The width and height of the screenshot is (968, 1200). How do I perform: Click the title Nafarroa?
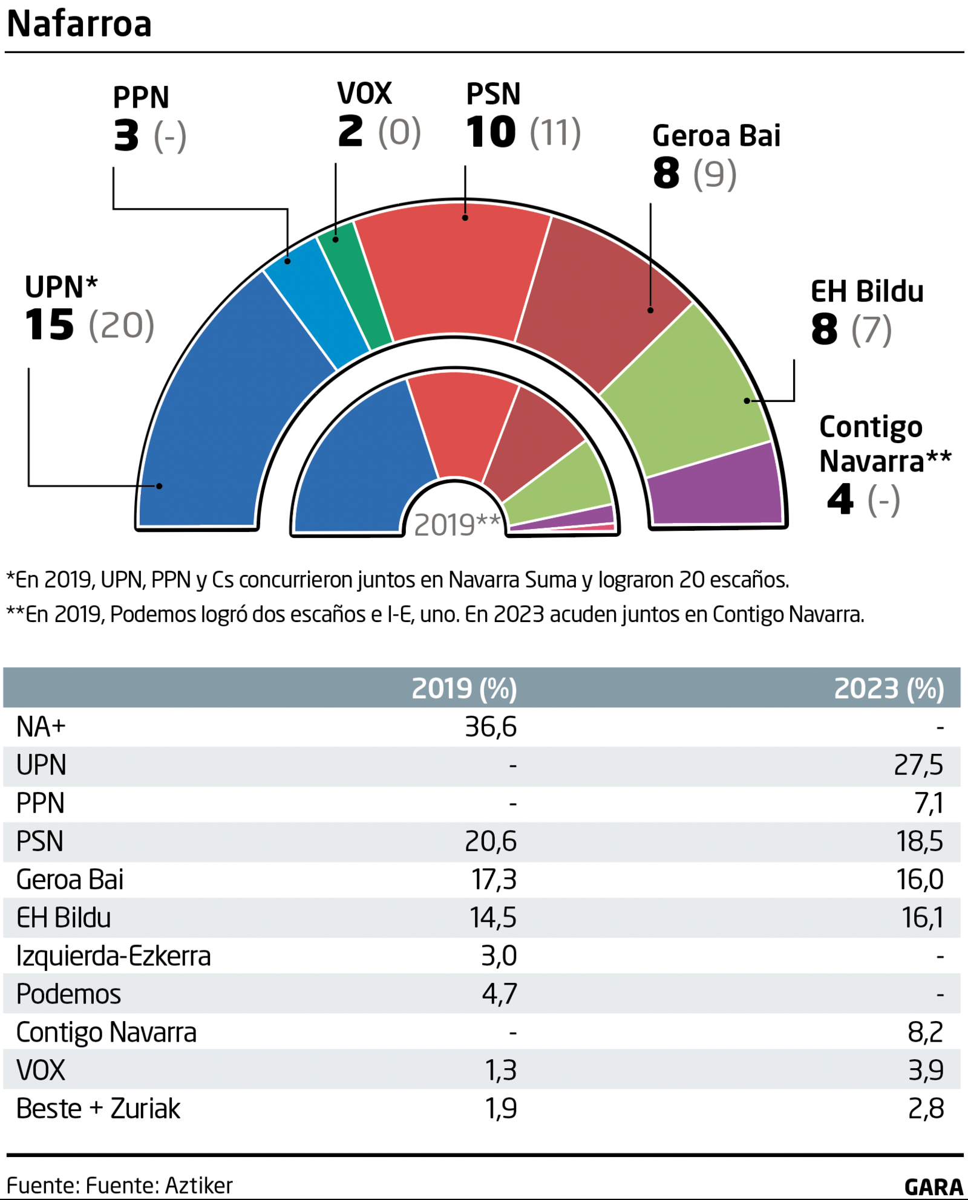coord(79,24)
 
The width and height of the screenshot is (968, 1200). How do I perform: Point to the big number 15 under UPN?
coord(50,325)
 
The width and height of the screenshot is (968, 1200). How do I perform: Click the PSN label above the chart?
coord(493,94)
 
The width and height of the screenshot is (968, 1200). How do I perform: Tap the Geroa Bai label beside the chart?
coord(716,136)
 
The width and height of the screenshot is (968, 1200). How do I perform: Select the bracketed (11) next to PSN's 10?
coord(555,132)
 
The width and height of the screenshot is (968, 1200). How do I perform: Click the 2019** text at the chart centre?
coord(457,525)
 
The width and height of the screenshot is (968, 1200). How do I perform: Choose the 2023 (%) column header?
coord(889,689)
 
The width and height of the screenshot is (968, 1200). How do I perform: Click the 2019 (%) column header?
coord(464,689)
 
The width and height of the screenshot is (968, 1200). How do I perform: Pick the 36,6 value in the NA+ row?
coord(491,727)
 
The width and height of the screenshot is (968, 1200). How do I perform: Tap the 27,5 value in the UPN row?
coord(918,765)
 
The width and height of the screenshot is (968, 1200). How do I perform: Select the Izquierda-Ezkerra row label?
coord(114,956)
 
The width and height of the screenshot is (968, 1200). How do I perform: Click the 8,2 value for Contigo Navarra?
coord(925,1033)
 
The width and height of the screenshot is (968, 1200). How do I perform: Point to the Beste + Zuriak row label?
coord(98,1109)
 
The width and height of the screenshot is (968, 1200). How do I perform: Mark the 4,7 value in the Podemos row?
coord(499,994)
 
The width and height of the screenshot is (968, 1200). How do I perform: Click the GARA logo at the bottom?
coord(934,1187)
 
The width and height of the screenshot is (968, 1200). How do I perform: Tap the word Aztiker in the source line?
coord(199,1185)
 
